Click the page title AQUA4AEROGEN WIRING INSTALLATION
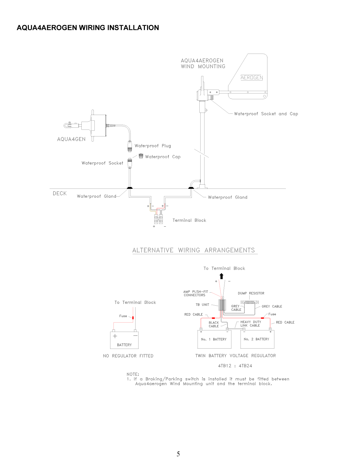pyautogui.click(x=88, y=28)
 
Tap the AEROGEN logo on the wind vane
pyautogui.click(x=251, y=77)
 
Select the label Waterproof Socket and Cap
pyautogui.click(x=266, y=114)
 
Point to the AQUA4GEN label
pyautogui.click(x=71, y=139)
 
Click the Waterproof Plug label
pyautogui.click(x=153, y=146)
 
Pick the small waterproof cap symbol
pyautogui.click(x=141, y=156)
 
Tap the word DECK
pyautogui.click(x=60, y=194)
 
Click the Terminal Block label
pyautogui.click(x=189, y=220)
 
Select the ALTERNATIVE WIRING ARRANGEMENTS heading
pyautogui.click(x=194, y=250)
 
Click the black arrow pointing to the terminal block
pyautogui.click(x=222, y=276)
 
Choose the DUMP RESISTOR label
pyautogui.click(x=251, y=293)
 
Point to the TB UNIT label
pyautogui.click(x=202, y=305)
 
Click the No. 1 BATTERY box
pyautogui.click(x=214, y=339)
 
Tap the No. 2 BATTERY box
pyautogui.click(x=257, y=339)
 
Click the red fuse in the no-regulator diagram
pyautogui.click(x=133, y=318)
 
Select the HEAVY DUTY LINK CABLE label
pyautogui.click(x=250, y=324)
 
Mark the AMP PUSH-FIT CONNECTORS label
pyautogui.click(x=195, y=294)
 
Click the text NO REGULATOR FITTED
pyautogui.click(x=128, y=356)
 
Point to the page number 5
pyautogui.click(x=178, y=454)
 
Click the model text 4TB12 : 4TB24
pyautogui.click(x=235, y=366)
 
